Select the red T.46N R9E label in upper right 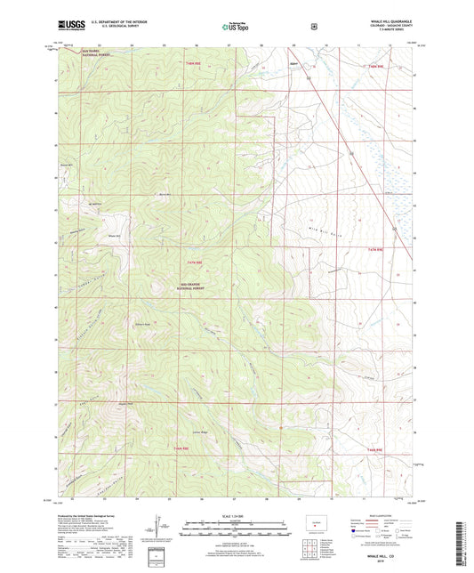click(x=374, y=66)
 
